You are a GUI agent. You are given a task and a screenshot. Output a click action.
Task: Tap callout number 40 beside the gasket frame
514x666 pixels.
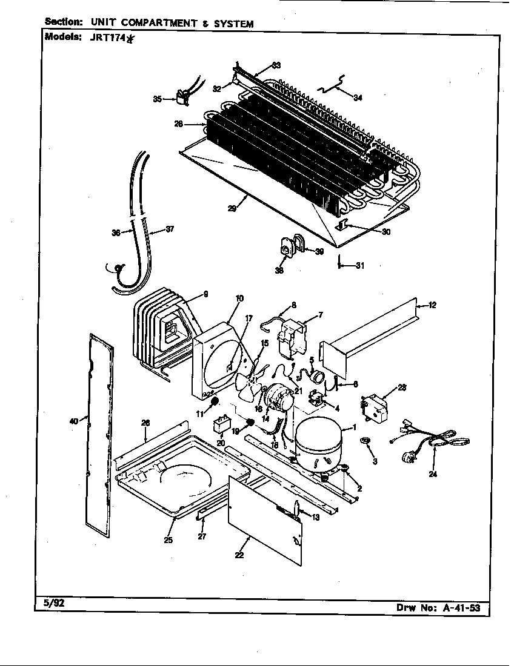click(x=74, y=420)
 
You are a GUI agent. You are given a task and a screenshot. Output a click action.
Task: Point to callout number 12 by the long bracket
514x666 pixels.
click(x=432, y=305)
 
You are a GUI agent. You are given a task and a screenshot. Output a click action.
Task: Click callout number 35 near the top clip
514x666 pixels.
click(x=157, y=99)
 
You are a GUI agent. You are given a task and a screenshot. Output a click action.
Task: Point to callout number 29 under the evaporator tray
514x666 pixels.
click(x=232, y=208)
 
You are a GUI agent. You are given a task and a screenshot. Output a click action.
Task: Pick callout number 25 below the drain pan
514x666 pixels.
click(x=168, y=540)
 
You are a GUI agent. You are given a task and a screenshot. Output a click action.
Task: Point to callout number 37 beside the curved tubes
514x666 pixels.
click(x=170, y=229)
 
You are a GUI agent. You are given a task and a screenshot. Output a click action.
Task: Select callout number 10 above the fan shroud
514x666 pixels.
click(x=240, y=297)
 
